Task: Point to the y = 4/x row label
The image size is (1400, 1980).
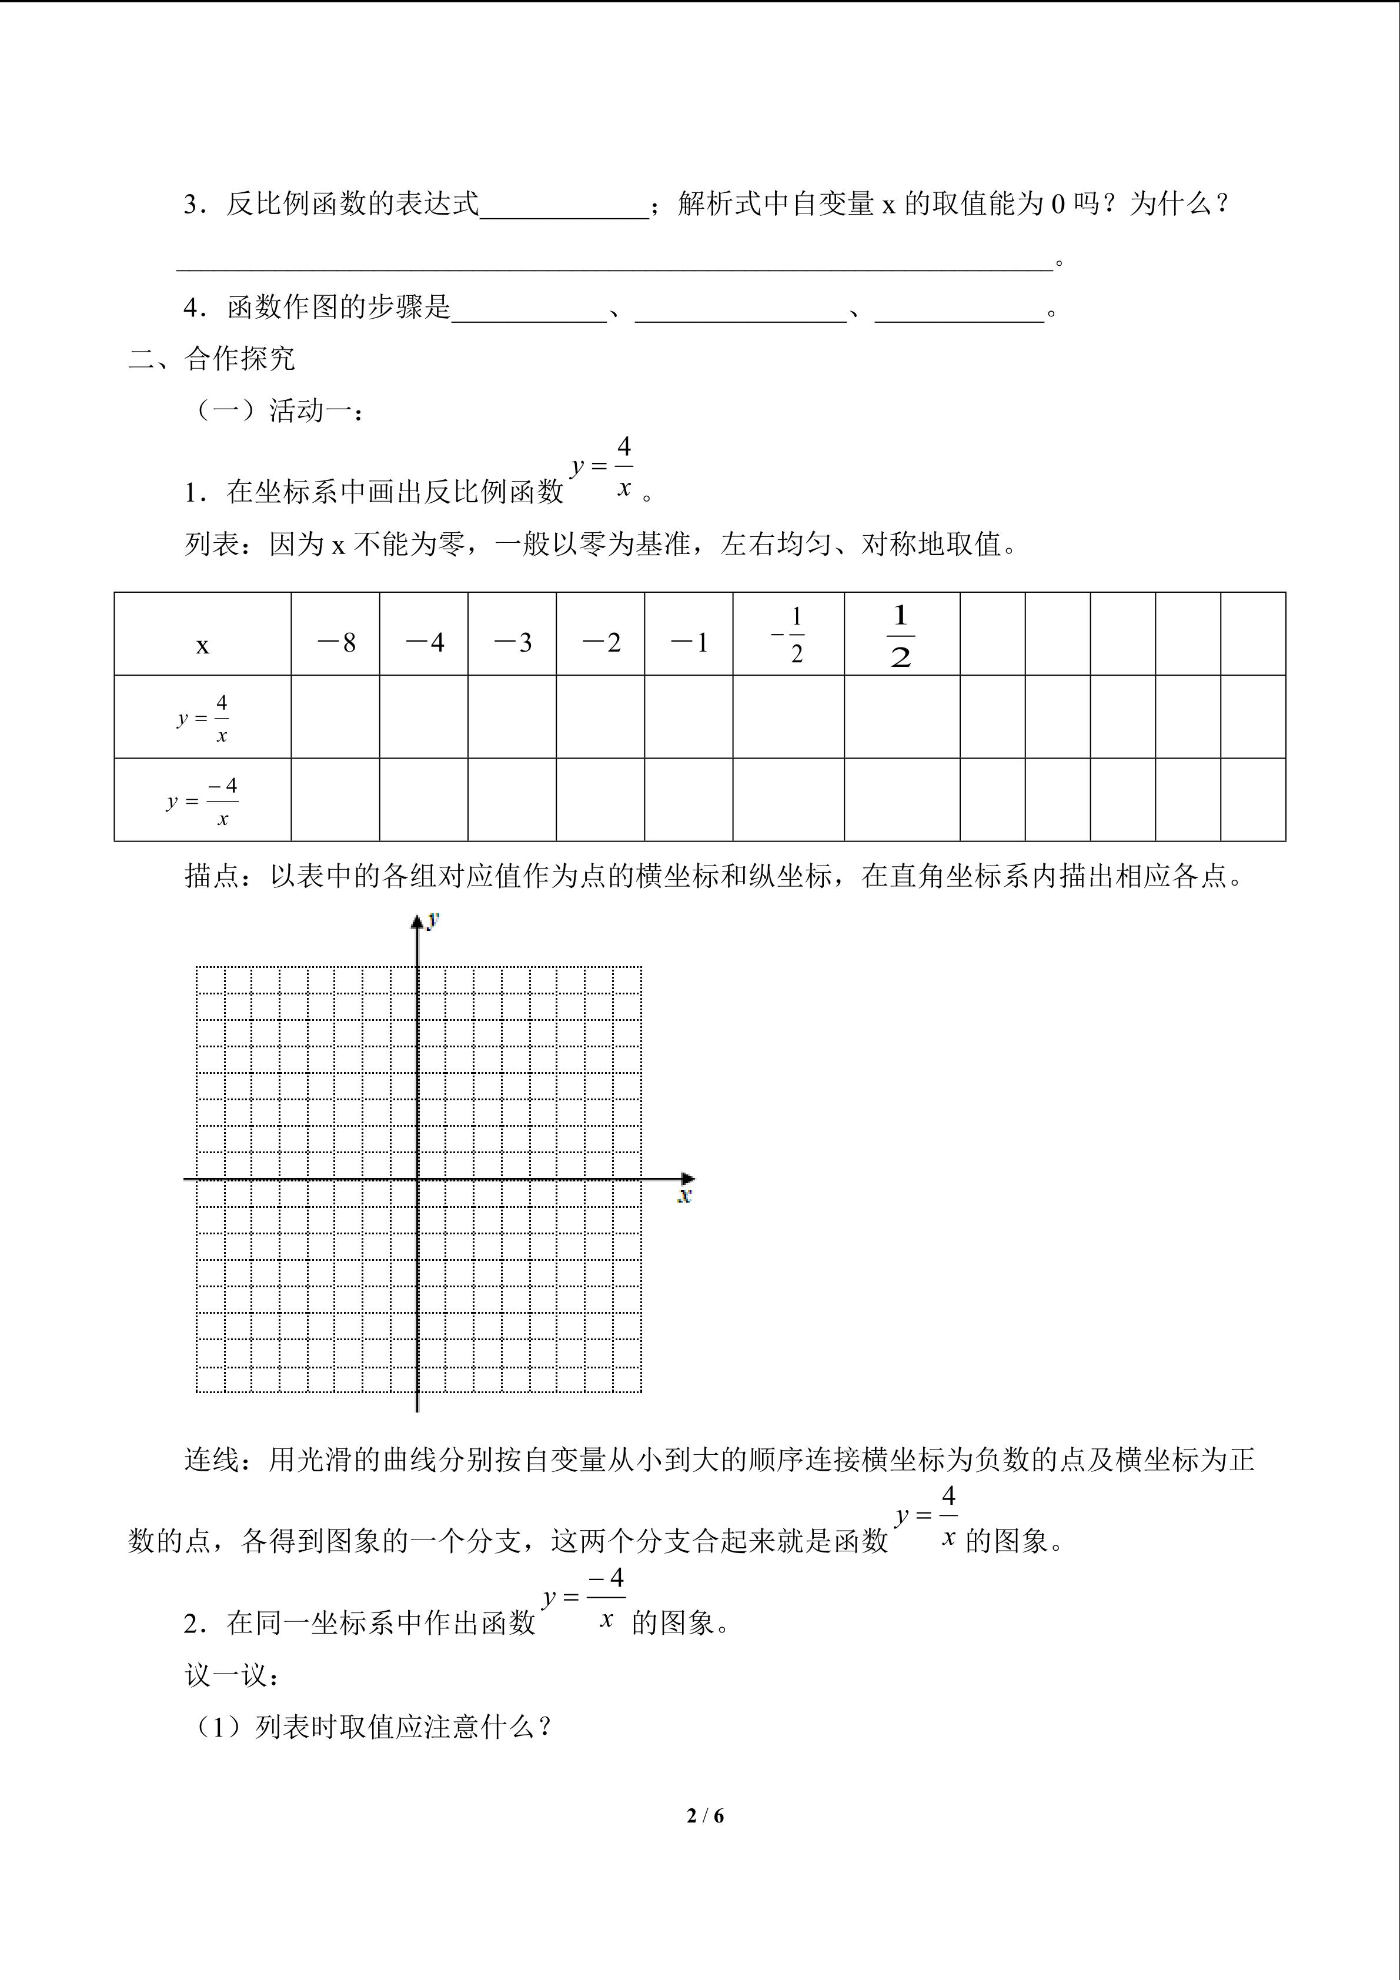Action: [203, 717]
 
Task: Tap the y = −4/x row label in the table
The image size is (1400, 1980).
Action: [203, 801]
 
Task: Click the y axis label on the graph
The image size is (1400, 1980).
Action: [433, 919]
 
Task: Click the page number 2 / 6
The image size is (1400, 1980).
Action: [705, 1815]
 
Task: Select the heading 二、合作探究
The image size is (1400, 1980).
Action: [212, 359]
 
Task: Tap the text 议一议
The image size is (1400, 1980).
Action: [231, 1675]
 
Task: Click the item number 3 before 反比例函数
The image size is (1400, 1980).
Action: [191, 205]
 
